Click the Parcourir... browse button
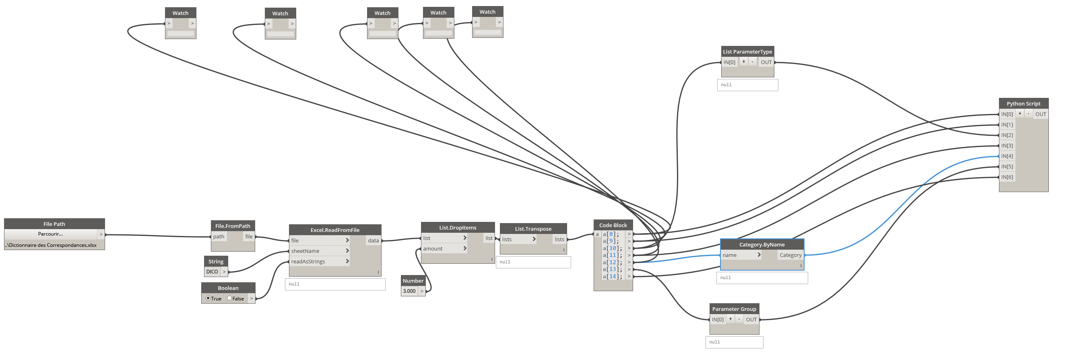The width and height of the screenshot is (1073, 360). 50,234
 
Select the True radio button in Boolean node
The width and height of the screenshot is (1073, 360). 208,298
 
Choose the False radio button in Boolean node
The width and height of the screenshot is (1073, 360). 229,298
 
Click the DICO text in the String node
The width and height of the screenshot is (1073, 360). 212,272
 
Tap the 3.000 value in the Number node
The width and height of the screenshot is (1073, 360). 409,291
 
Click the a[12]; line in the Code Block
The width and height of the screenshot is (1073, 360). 612,262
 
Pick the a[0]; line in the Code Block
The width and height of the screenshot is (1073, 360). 611,234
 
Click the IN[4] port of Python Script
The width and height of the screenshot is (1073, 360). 1007,156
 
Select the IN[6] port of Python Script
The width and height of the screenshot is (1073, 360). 1007,177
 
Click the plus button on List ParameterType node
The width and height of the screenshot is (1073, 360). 743,62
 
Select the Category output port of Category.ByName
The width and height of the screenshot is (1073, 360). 790,255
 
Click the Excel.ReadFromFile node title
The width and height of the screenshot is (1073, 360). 335,230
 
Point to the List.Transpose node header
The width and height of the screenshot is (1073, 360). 533,229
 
